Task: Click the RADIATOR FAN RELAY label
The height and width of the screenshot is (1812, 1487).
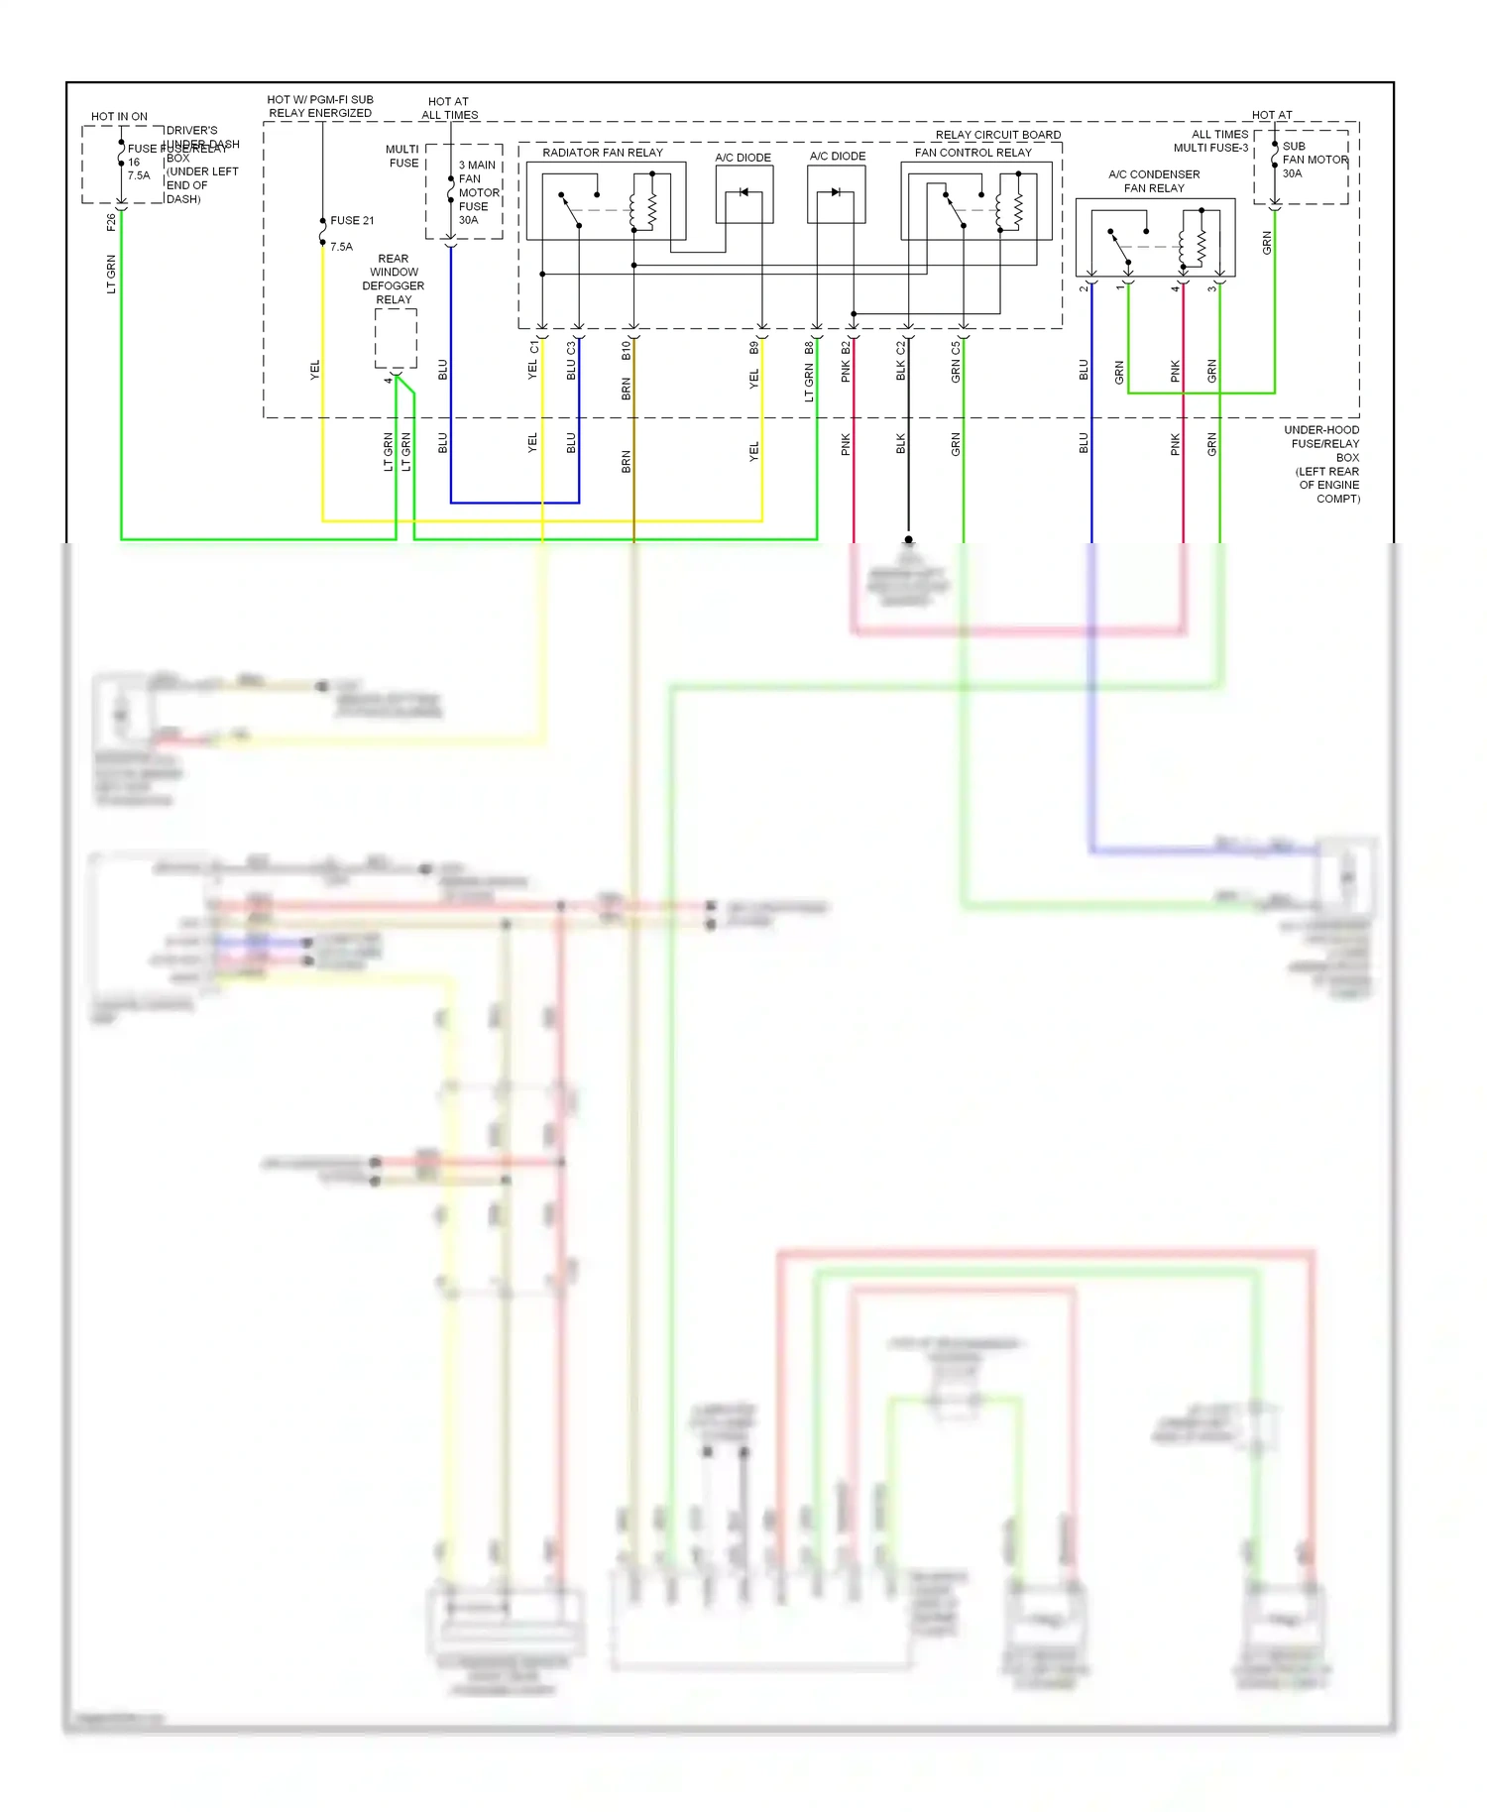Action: click(602, 153)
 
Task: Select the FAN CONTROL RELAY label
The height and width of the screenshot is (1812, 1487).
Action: click(972, 153)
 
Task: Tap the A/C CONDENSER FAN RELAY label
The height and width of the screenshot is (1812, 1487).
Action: click(1154, 181)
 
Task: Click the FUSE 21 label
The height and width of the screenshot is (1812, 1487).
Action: click(352, 221)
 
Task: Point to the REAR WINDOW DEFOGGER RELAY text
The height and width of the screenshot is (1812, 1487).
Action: click(394, 280)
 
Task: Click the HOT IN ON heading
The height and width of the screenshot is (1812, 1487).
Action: click(119, 117)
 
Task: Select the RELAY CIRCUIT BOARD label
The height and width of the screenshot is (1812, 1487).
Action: click(997, 135)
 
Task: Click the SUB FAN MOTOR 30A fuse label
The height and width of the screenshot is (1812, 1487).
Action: click(1314, 160)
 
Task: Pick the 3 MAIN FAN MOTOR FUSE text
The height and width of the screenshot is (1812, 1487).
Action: click(478, 193)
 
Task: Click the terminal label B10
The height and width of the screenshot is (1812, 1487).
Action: click(626, 350)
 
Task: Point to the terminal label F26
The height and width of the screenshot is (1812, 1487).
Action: click(110, 223)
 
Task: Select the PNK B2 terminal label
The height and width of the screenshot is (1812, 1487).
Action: click(846, 362)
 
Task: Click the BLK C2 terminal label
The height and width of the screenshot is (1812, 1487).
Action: click(900, 362)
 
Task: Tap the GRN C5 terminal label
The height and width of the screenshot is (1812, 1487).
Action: click(956, 363)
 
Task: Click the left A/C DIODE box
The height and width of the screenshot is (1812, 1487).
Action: click(744, 194)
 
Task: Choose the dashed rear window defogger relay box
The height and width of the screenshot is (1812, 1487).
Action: click(396, 338)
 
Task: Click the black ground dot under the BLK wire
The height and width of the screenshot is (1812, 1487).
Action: click(908, 540)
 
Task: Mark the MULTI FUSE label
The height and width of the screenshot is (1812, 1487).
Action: click(402, 157)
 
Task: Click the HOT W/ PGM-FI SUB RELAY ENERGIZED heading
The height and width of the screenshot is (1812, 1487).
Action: click(320, 106)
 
